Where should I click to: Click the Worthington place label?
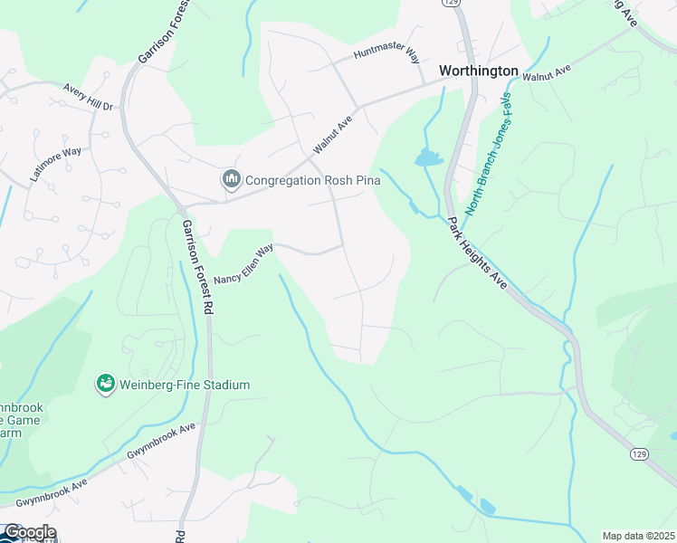point(478,71)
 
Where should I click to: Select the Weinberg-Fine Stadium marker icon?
point(107,385)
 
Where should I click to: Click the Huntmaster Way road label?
point(387,55)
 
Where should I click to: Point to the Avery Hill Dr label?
point(87,97)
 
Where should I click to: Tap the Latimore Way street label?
point(55,164)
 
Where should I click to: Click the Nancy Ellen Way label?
point(243,265)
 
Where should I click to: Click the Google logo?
point(29,532)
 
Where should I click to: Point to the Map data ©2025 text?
point(638,536)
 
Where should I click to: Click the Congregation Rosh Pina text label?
point(312,180)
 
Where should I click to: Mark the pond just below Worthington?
point(428,159)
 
